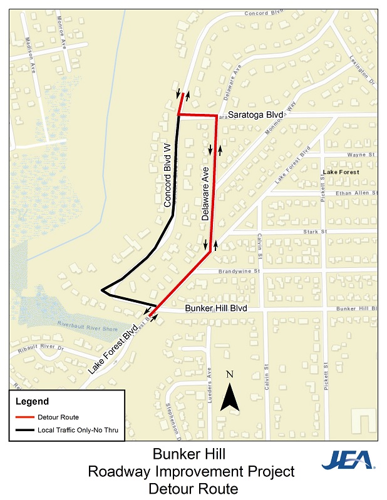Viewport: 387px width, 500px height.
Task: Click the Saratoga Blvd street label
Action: click(255, 115)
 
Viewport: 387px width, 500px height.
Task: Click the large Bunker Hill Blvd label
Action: click(217, 309)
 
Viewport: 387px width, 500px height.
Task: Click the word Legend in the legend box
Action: click(31, 401)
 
